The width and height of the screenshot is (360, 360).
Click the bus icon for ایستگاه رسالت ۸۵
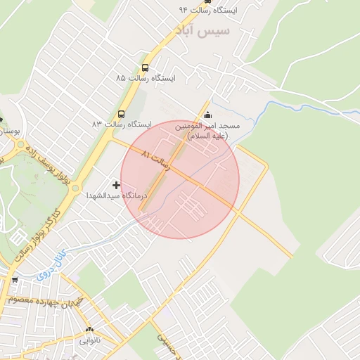[145, 68]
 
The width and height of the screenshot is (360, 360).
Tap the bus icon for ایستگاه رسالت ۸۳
[121, 114]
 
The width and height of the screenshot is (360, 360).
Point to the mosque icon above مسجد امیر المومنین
[207, 116]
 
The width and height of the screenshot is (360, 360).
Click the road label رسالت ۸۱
[156, 160]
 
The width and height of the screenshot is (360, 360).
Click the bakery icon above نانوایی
[89, 330]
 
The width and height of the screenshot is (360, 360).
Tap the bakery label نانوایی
[89, 340]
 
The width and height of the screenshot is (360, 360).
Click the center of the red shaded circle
[180, 180]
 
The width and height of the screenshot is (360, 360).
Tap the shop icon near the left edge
[15, 281]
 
